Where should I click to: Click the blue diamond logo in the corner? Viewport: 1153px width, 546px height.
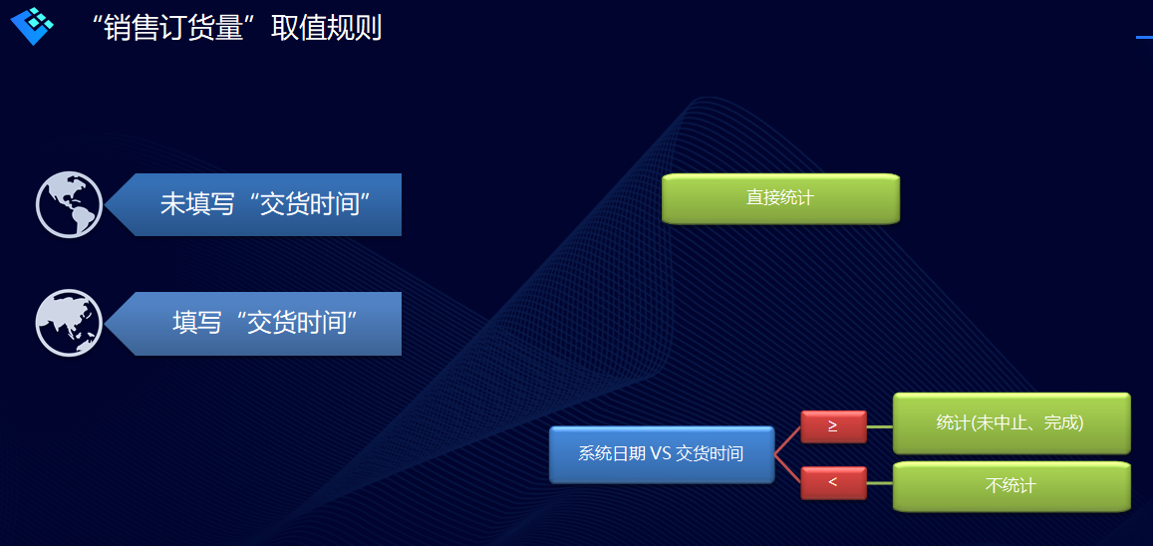pos(32,25)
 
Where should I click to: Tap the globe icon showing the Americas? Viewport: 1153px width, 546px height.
pos(69,204)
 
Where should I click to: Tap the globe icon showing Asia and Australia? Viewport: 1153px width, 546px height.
pos(69,324)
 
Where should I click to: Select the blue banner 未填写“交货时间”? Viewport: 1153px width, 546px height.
pos(254,205)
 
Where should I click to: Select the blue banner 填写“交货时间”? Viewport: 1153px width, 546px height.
pos(254,324)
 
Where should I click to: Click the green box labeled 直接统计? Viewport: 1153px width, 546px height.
pos(780,198)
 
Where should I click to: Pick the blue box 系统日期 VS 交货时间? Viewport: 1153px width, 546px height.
pos(662,455)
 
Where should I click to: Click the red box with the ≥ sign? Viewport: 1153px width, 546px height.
pos(833,427)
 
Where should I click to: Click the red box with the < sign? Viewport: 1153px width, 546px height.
pos(833,483)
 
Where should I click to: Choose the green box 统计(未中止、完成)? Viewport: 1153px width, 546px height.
pos(1011,423)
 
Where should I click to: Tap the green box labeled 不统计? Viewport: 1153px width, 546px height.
pos(1011,486)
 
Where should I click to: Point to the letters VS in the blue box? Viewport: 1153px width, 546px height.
pos(659,454)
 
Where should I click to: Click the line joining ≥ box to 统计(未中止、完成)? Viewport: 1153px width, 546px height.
pos(880,426)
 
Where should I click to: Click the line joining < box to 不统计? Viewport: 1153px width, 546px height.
pos(880,483)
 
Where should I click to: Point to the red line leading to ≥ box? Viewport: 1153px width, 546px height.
pos(787,441)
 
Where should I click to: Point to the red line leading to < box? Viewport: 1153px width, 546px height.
pos(787,469)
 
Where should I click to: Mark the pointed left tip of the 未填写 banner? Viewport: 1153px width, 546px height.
pos(106,205)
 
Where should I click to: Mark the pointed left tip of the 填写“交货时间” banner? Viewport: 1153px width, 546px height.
pos(106,324)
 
